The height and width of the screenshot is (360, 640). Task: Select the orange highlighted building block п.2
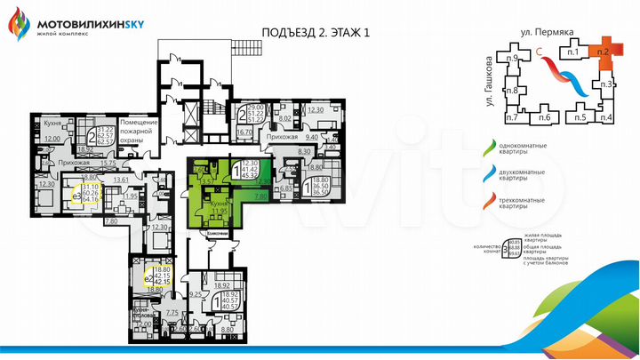click(604, 52)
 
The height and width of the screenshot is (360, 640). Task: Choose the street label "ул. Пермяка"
click(545, 36)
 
